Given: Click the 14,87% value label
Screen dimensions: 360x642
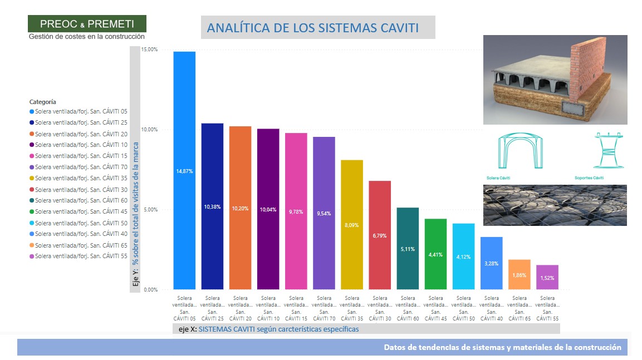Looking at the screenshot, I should [184, 171].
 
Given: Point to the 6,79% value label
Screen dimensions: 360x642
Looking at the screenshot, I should [380, 236].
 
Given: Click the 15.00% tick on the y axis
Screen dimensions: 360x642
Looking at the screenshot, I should [149, 50].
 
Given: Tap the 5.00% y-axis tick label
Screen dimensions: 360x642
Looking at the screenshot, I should [149, 210].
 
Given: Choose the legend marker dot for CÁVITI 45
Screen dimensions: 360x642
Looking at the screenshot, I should [31, 211].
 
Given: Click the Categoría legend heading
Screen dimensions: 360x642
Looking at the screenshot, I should [42, 102].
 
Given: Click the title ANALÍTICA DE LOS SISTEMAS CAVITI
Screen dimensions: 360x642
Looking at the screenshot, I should [312, 28].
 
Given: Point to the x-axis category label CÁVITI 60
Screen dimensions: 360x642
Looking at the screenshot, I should [408, 309].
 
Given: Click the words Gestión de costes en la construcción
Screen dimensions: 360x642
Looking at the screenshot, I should [87, 36].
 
